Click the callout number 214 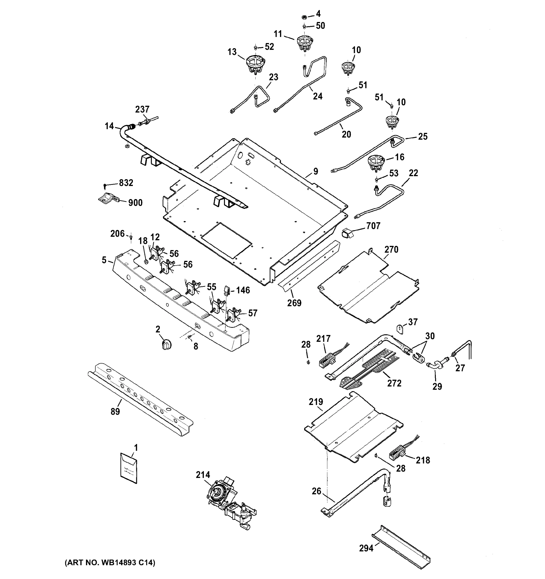[203, 475]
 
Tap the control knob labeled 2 [166, 344]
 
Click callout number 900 [135, 203]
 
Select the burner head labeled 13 [255, 65]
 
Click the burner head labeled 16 [376, 163]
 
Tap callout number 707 [373, 226]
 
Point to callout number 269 [294, 303]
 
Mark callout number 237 [142, 109]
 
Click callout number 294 [366, 548]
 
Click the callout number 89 [115, 412]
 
